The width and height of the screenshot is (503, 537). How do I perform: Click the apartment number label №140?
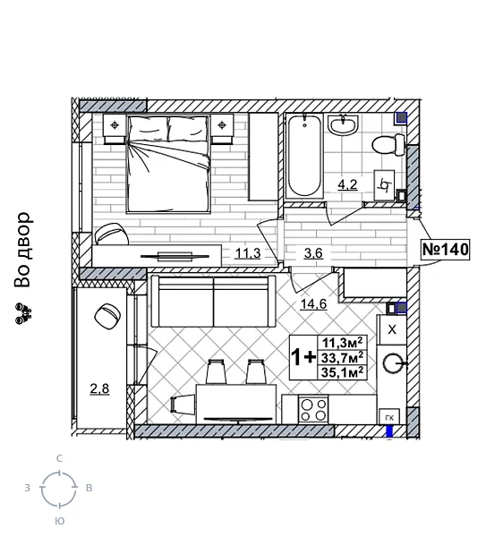click(445, 249)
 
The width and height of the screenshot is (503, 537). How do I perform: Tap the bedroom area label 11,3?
click(247, 253)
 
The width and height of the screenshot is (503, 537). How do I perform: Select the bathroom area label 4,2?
click(346, 186)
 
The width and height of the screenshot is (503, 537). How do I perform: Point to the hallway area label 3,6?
click(313, 253)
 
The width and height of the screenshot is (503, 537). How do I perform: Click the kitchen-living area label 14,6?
click(312, 303)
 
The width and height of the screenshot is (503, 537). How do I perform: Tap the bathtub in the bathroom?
click(304, 158)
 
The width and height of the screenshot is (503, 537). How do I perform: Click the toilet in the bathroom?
click(388, 144)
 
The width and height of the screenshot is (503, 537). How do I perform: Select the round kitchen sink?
click(394, 363)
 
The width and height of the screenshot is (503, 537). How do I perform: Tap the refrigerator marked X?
click(391, 329)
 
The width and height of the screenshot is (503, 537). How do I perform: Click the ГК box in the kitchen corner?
click(388, 417)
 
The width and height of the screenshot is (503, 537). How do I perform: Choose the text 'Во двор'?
click(23, 250)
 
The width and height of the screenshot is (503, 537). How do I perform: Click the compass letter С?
click(59, 458)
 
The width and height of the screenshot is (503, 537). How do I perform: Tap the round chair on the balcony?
click(107, 315)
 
